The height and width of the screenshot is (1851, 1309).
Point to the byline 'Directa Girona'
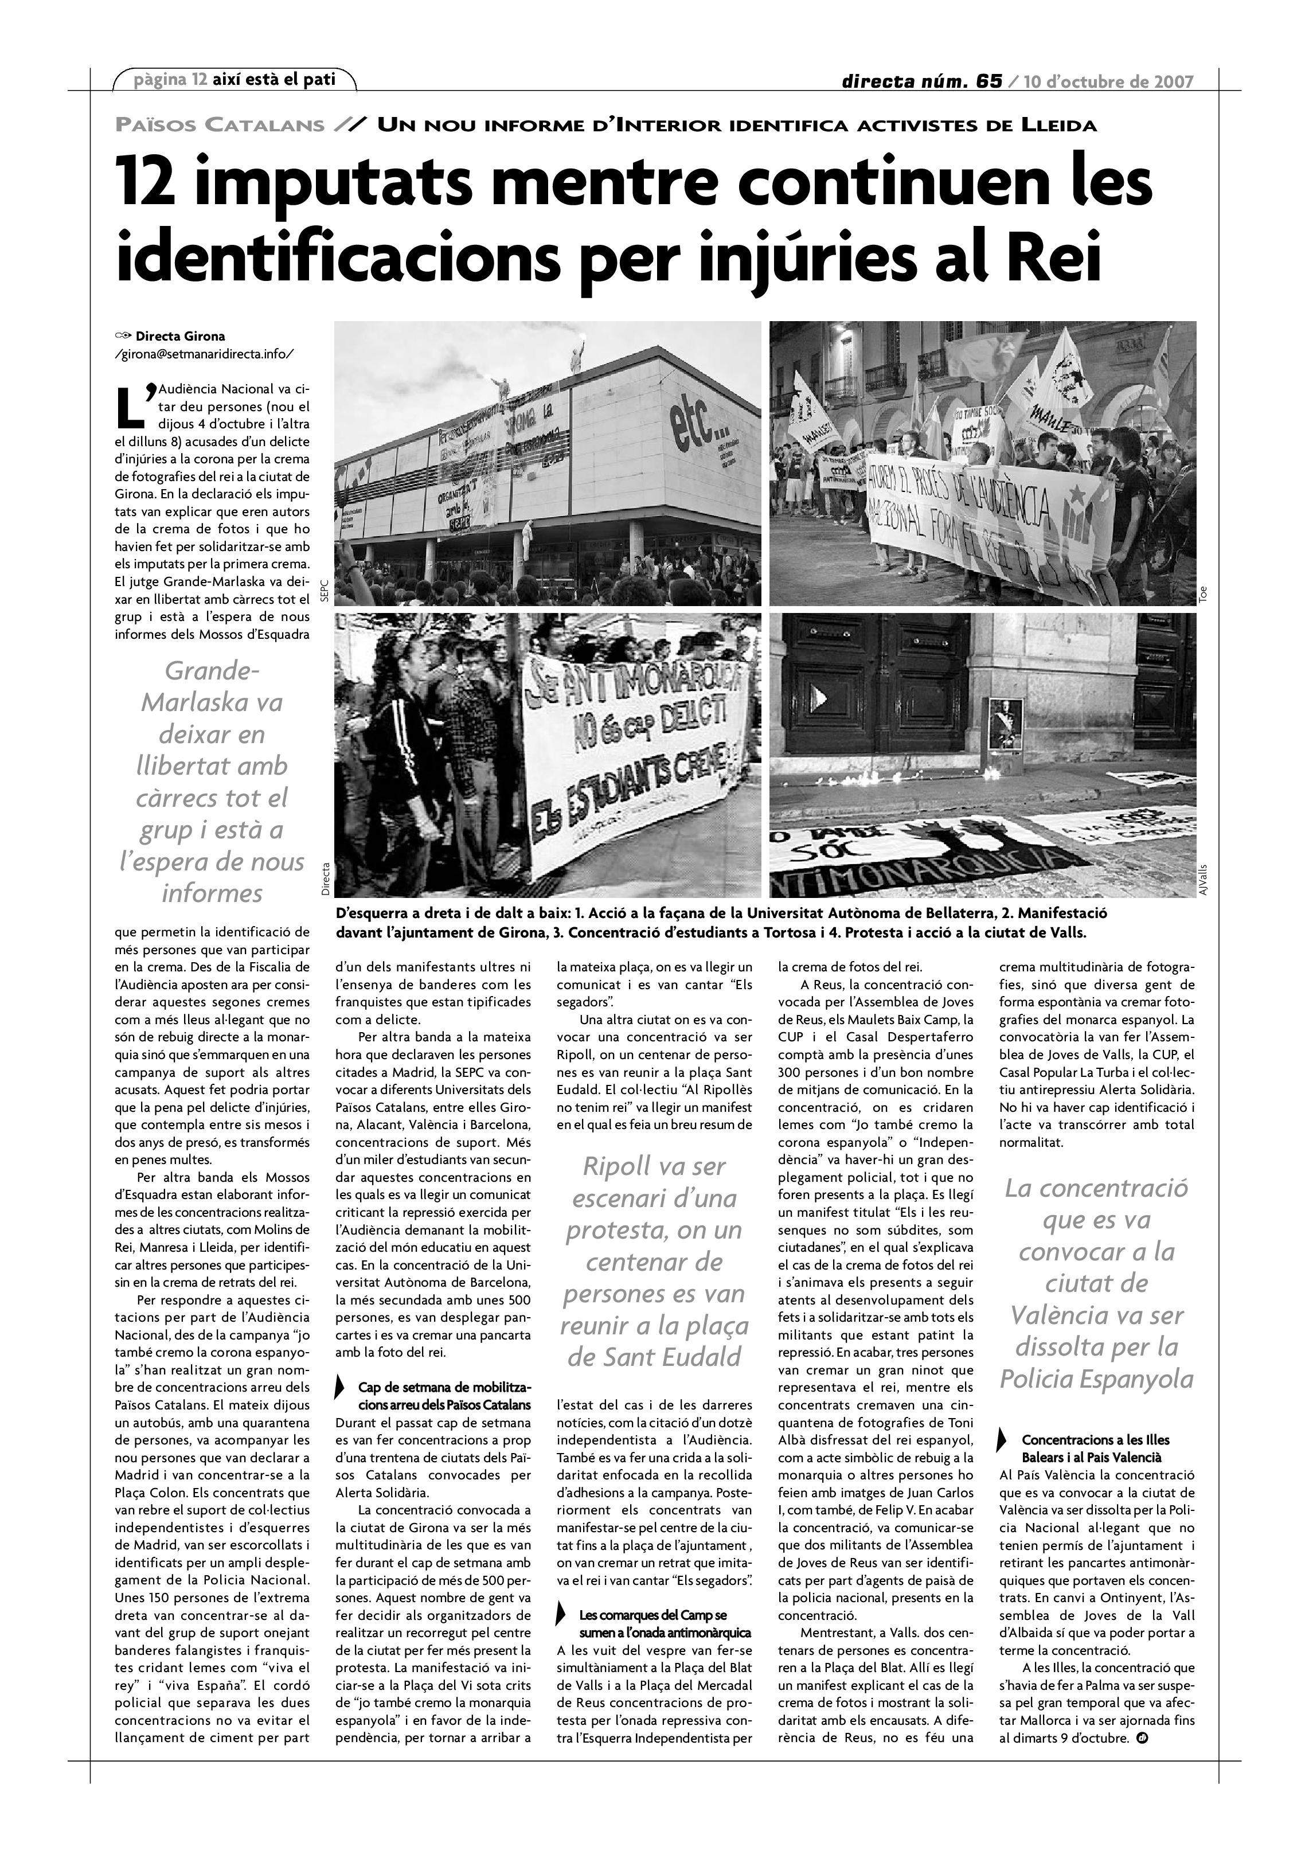click(179, 336)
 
